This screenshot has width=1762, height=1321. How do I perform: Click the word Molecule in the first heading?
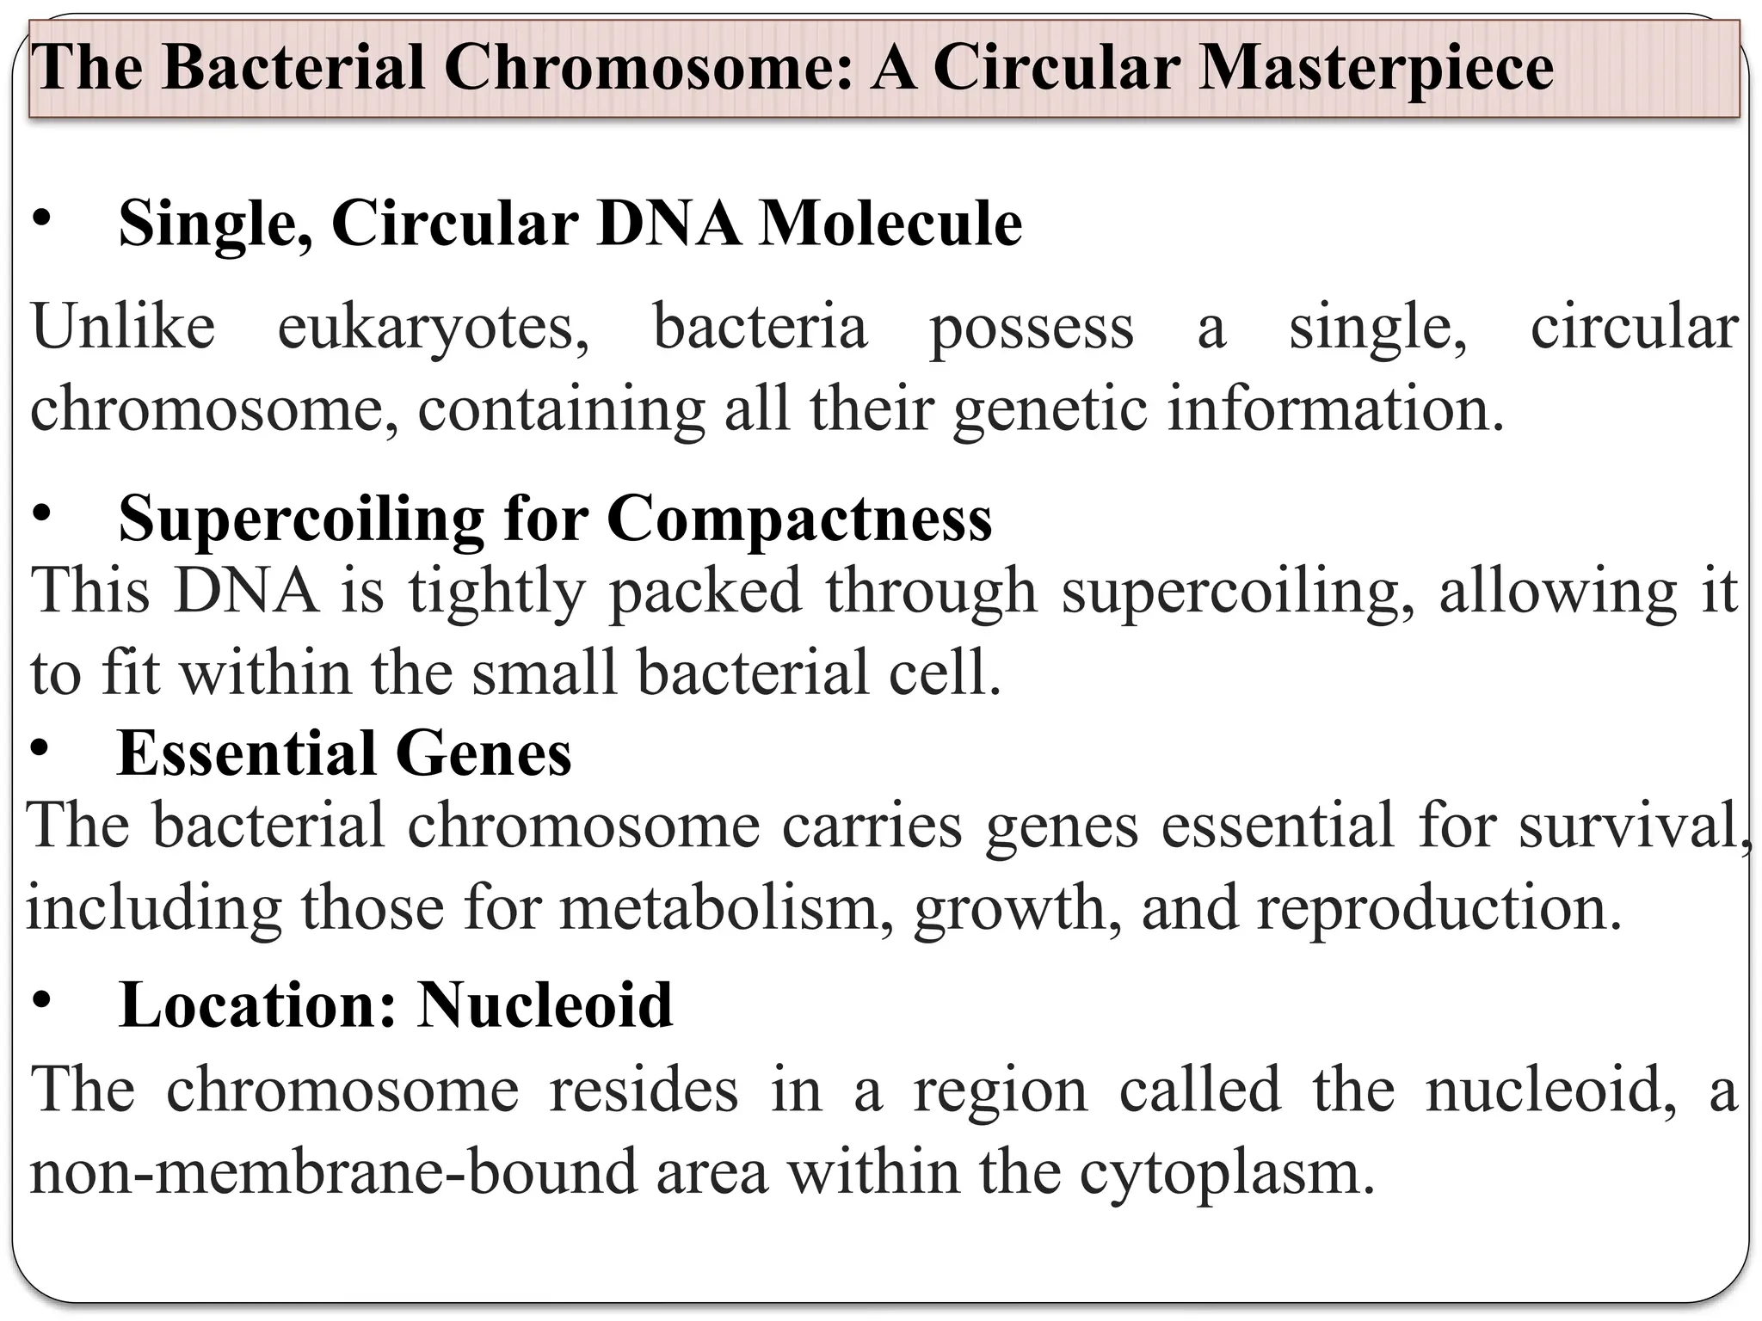click(890, 224)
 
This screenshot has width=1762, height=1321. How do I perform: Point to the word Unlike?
click(123, 328)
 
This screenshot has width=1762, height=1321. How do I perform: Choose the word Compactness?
click(799, 521)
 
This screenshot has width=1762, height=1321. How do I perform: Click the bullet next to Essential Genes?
click(40, 750)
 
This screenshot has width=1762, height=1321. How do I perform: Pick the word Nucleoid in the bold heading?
click(545, 1005)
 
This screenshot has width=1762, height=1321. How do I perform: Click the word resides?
click(644, 1091)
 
